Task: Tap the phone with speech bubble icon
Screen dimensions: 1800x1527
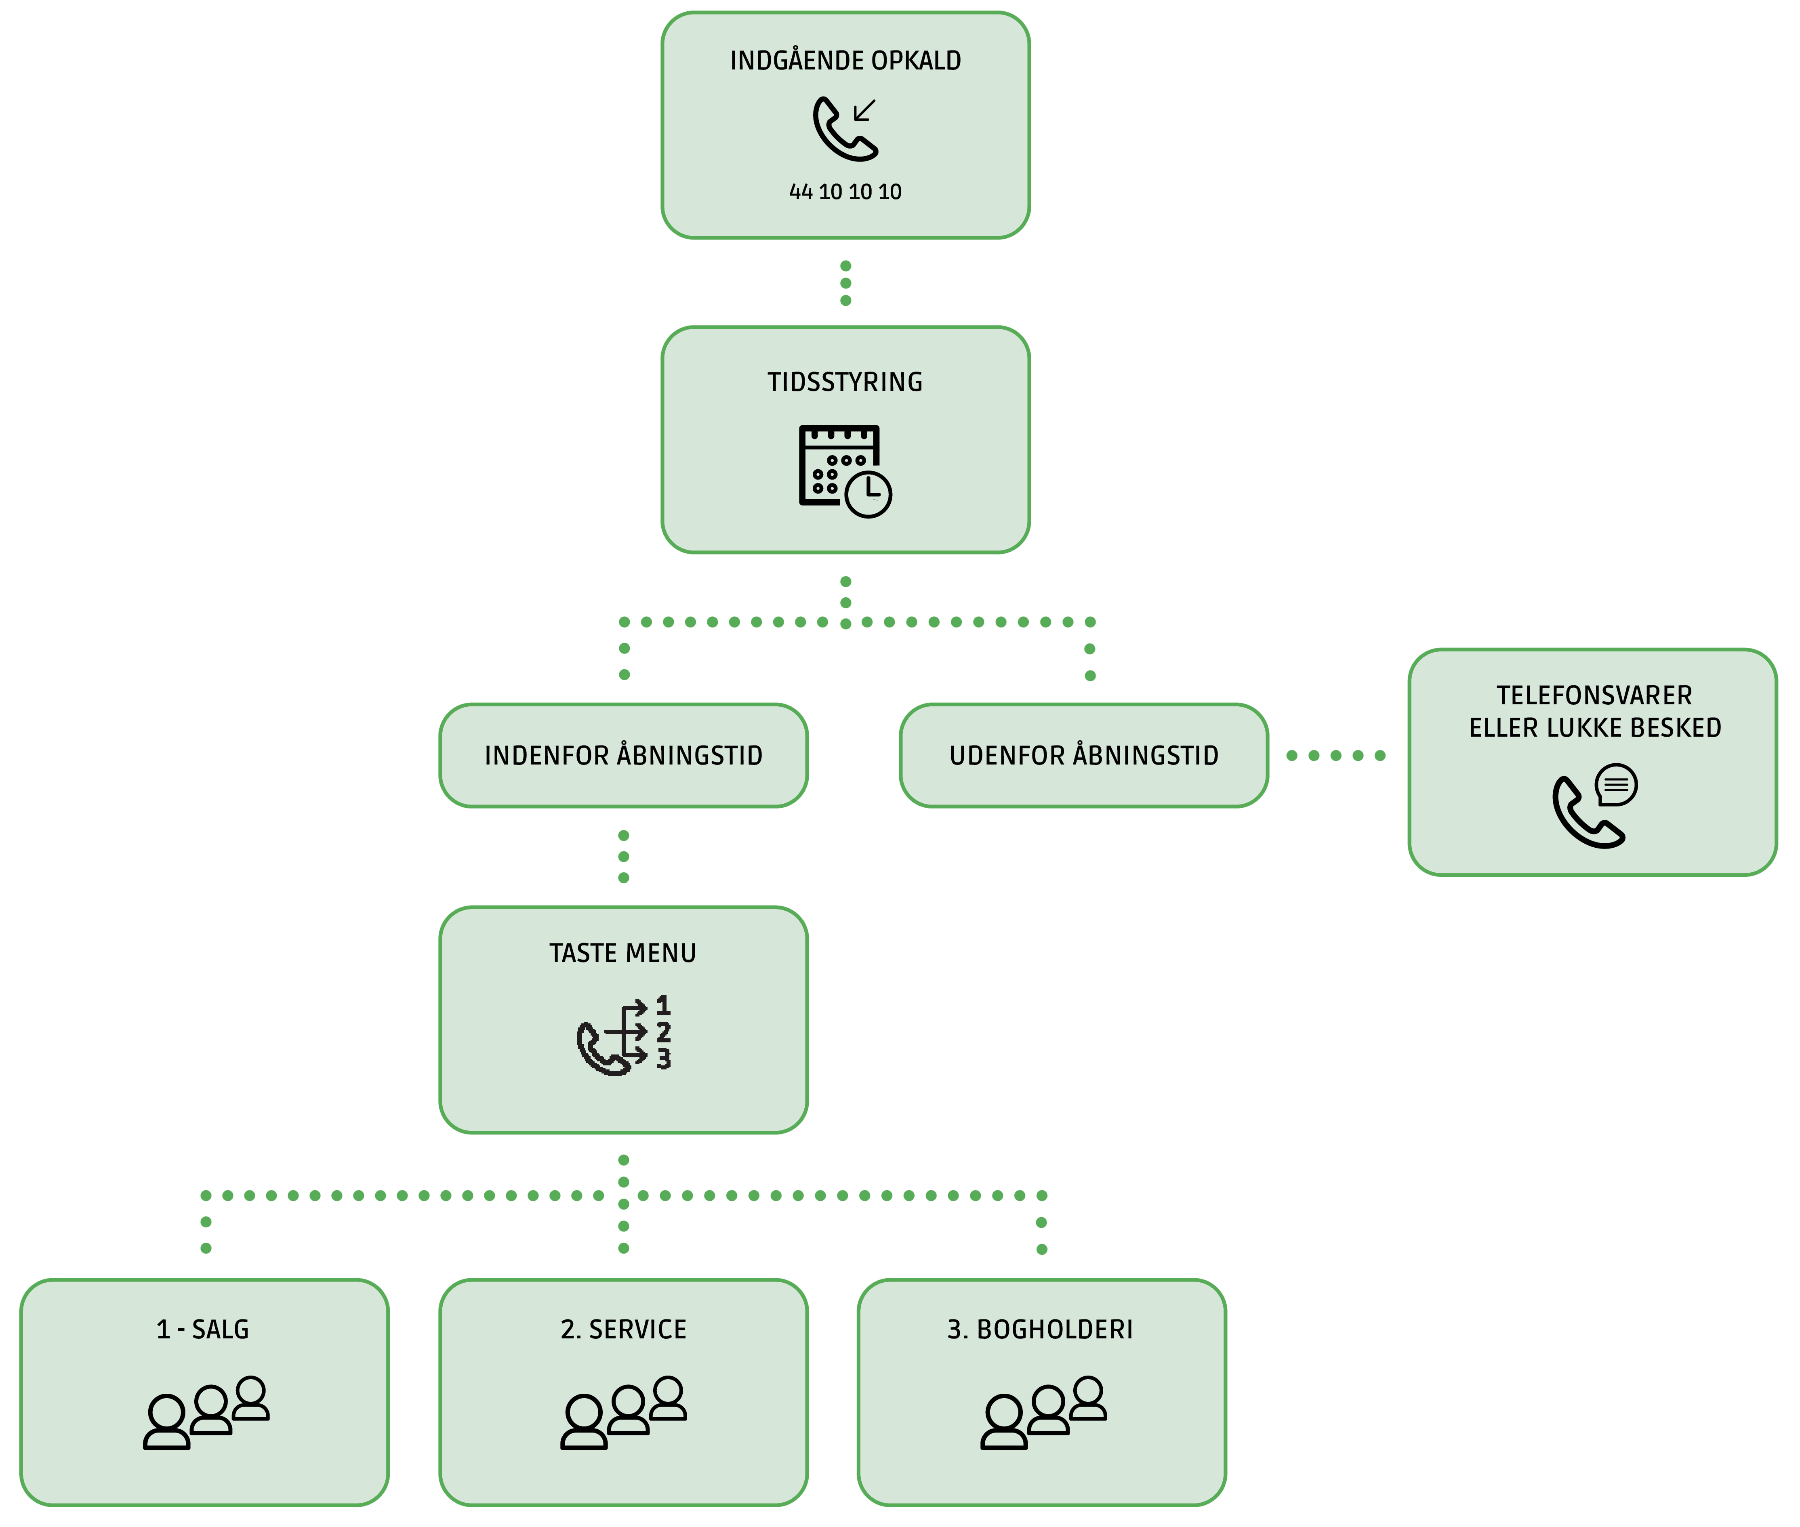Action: [1594, 805]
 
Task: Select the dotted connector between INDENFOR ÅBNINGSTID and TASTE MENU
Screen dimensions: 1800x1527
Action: [623, 856]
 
